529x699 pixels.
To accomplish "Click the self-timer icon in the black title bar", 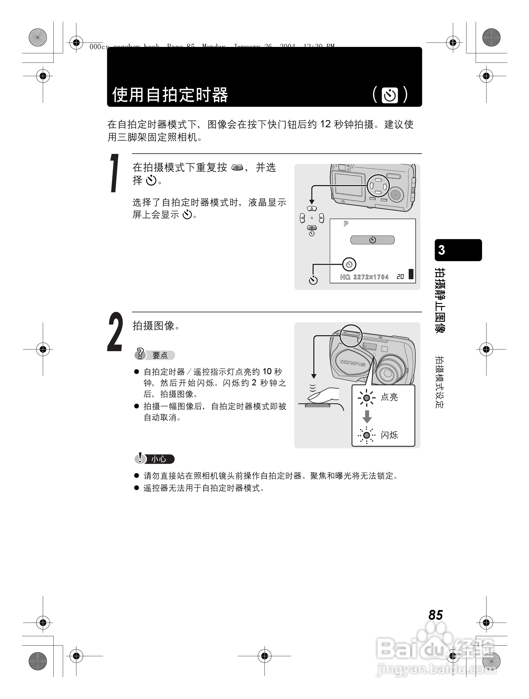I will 390,96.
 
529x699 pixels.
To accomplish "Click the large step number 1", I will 115,173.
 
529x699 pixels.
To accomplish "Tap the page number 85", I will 435,615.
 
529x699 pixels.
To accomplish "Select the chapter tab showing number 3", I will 458,250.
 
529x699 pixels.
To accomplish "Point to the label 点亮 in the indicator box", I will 389,397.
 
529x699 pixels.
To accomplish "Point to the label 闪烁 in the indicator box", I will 389,435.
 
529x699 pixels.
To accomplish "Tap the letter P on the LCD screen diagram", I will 346,224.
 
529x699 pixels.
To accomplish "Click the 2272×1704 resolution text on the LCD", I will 371,277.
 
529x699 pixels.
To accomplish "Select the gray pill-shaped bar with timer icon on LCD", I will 372,240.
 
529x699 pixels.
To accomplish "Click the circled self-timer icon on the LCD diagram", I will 349,264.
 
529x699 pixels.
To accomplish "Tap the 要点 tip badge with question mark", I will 154,355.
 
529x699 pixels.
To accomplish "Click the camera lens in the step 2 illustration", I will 388,373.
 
